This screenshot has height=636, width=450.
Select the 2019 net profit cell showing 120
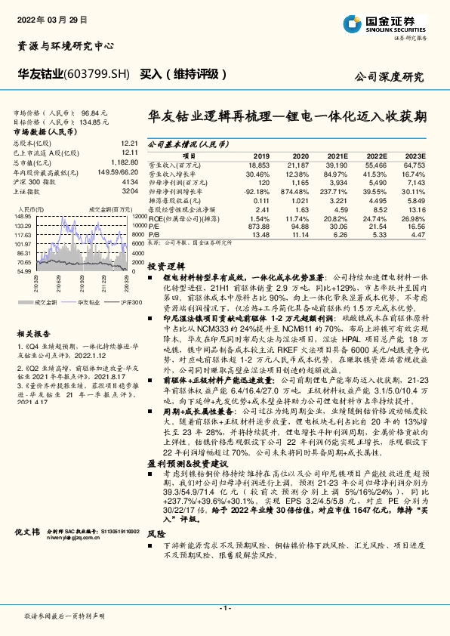[263, 183]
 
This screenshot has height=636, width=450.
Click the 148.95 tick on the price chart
[23, 215]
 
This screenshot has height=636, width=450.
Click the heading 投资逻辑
[163, 267]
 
